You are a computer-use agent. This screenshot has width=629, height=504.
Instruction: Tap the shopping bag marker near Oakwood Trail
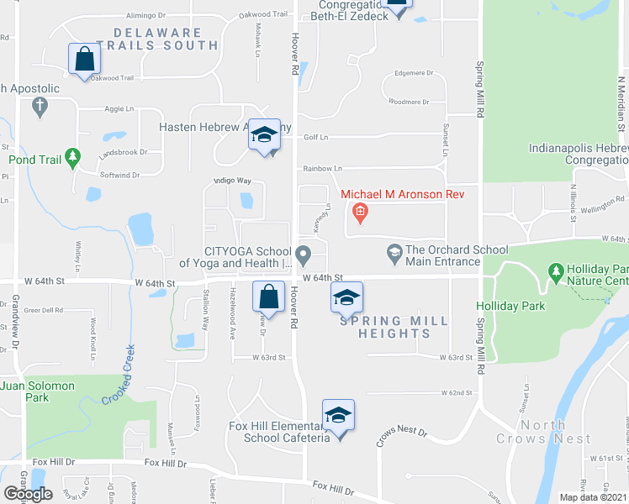[85, 59]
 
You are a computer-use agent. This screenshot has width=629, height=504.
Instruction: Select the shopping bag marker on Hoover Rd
[268, 297]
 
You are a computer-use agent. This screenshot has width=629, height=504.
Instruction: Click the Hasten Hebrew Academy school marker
[264, 135]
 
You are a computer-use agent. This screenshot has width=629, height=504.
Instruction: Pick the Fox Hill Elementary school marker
[338, 417]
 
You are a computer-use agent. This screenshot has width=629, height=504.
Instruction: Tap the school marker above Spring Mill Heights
[346, 297]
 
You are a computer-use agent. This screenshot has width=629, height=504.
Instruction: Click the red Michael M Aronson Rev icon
[360, 212]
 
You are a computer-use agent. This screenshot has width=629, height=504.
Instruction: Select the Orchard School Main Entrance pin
[394, 251]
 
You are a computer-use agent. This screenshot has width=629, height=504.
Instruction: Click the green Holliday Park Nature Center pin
[555, 271]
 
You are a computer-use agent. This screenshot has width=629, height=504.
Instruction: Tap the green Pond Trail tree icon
[73, 157]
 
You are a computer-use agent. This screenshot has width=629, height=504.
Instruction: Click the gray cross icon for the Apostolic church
[39, 107]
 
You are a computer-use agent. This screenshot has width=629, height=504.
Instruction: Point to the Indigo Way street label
[233, 181]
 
